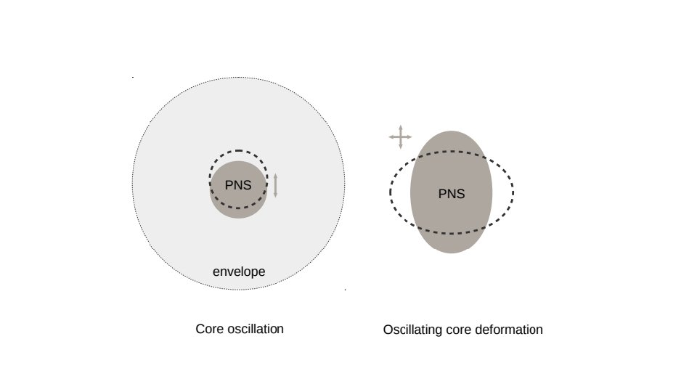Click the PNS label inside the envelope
click(x=238, y=185)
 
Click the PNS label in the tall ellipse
click(x=452, y=194)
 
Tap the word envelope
click(x=239, y=272)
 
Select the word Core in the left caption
click(x=209, y=329)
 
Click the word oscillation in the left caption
click(x=255, y=329)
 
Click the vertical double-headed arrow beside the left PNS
click(x=275, y=185)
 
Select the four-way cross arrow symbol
click(x=400, y=136)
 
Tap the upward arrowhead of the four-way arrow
click(x=400, y=127)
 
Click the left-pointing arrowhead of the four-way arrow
click(x=391, y=136)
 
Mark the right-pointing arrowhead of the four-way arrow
click(x=409, y=136)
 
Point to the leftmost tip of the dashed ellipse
click(x=390, y=192)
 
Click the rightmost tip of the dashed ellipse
click(x=513, y=192)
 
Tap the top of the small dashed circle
click(x=238, y=151)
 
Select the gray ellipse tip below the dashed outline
click(x=451, y=251)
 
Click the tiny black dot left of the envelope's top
click(x=132, y=77)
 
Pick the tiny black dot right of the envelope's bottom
click(x=345, y=290)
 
